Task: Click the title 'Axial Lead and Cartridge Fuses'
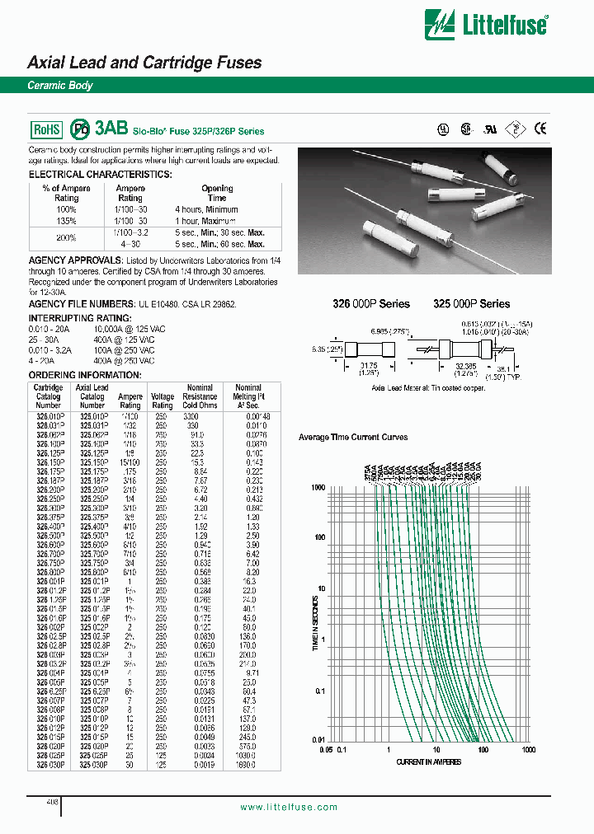coord(144,63)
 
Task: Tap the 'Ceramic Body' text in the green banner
coord(60,86)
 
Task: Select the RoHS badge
coord(46,129)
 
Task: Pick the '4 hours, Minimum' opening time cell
coord(206,209)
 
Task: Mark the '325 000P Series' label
coord(471,303)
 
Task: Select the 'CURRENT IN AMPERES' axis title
coord(429,761)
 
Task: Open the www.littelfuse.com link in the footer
coord(288,807)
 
